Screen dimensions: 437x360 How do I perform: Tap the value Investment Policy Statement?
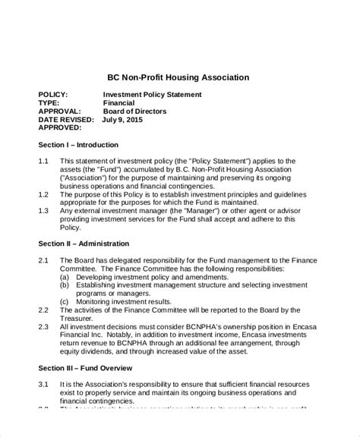pos(153,95)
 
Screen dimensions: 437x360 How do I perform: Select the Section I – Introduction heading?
pos(78,144)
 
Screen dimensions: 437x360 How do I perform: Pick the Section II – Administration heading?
pos(84,244)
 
